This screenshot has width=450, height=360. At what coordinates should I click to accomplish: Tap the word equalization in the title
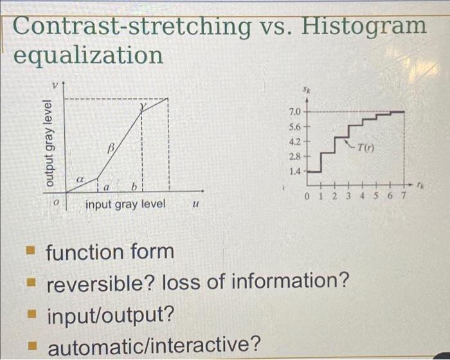pos(89,55)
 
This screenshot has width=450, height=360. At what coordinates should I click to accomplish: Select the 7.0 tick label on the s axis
pos(295,111)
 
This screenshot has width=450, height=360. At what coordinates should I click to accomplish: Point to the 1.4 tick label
pos(295,172)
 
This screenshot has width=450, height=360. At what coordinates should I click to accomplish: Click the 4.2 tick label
pos(295,141)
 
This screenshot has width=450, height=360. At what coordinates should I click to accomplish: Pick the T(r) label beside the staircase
pos(365,148)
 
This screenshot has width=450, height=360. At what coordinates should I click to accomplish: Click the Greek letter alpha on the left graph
pos(80,180)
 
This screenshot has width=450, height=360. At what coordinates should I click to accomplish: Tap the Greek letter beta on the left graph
pos(111,148)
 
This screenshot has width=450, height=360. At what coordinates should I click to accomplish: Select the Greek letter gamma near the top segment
pos(143,107)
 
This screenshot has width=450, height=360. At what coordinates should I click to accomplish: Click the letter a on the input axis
pos(107,188)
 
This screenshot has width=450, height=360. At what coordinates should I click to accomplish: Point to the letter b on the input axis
pos(134,187)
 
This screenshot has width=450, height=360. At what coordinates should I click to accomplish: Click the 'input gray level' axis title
pos(125,204)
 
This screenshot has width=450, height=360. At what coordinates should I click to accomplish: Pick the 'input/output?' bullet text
pos(111,316)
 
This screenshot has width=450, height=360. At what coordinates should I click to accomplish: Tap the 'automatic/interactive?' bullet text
pos(154,346)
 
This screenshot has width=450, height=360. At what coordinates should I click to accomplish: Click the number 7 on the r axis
pos(404,196)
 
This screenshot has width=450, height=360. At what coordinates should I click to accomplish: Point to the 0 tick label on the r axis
pos(307,196)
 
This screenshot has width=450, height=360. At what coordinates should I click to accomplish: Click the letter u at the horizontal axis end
pos(195,204)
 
